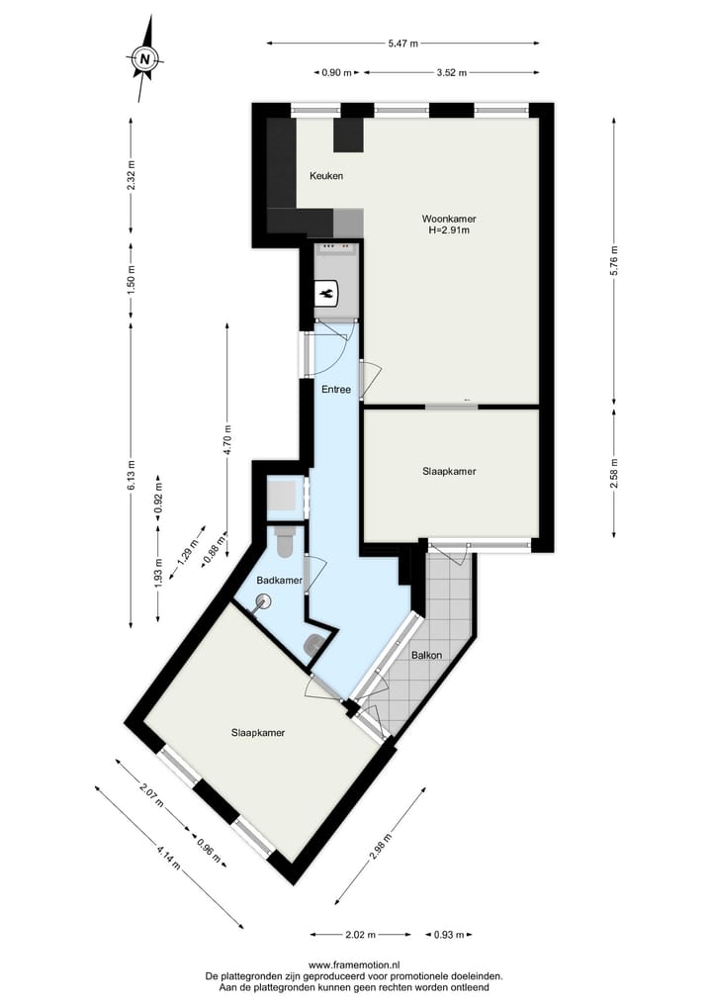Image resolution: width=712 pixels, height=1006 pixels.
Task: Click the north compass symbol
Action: point(145,59)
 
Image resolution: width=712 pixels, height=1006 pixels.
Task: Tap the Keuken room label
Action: point(326,176)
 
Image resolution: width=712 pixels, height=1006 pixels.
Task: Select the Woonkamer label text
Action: point(448,218)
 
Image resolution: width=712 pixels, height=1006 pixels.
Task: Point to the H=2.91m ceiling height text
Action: point(448,230)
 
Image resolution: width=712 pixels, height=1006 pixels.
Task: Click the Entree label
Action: point(336,390)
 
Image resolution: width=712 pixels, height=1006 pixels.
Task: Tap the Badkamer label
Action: point(279,581)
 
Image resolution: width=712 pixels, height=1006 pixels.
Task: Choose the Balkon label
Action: point(426,655)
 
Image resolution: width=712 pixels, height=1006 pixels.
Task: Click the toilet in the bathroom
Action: point(286,542)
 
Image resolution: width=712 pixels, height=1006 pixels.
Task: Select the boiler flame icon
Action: point(327,294)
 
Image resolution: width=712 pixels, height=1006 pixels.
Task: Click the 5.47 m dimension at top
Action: point(402,43)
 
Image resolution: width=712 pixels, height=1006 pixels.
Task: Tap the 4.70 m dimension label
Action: point(226,438)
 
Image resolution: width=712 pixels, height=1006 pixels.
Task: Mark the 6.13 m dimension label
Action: point(132,475)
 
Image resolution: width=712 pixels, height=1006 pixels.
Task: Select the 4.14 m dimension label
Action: point(169,857)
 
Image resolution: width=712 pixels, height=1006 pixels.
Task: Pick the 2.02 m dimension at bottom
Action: point(360,934)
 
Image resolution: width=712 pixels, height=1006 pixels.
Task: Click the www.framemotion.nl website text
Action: point(355,964)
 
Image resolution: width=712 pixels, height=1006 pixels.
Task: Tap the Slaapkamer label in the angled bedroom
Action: point(258,733)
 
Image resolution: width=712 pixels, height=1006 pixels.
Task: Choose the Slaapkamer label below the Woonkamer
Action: point(449,472)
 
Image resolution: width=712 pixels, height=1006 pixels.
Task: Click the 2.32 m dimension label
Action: point(132,180)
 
